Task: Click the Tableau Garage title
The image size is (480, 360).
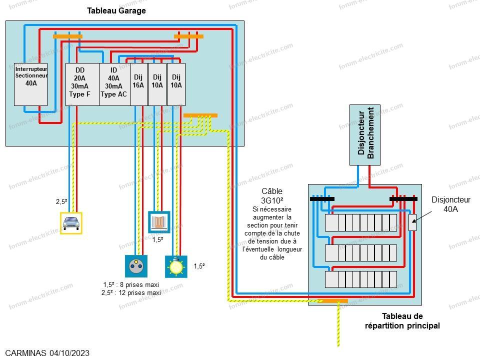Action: click(116, 10)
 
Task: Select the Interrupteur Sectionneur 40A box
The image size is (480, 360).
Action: click(30, 83)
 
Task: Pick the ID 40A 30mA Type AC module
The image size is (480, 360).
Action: click(114, 84)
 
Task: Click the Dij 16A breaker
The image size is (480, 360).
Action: click(138, 84)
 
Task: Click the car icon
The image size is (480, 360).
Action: click(70, 223)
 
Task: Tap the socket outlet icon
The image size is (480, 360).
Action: click(134, 265)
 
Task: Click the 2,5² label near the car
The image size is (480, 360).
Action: click(61, 202)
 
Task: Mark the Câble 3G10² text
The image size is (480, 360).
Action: click(272, 195)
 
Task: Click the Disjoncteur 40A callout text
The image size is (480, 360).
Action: click(448, 204)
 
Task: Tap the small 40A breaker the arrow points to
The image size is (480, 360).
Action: click(412, 222)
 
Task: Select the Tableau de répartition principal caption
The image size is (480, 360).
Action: click(402, 320)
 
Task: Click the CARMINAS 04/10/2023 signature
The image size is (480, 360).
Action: click(47, 353)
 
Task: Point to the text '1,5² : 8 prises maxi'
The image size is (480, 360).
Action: click(132, 285)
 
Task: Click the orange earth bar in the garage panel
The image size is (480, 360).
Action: click(200, 115)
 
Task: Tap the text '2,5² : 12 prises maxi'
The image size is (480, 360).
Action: click(132, 293)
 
